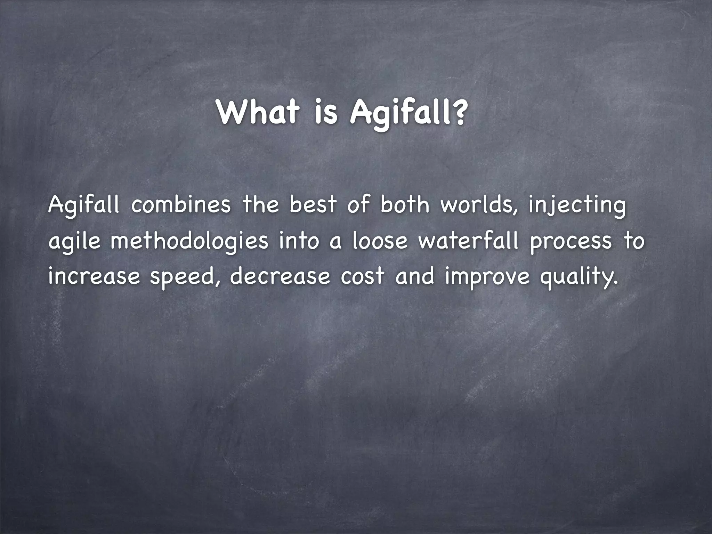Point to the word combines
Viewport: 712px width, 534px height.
tap(181, 205)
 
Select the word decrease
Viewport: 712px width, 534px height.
tap(280, 277)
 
